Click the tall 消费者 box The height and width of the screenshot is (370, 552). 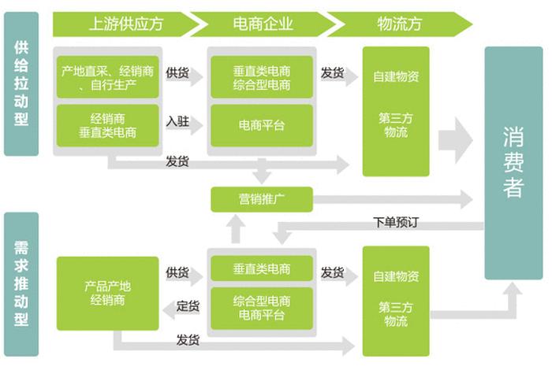(513, 163)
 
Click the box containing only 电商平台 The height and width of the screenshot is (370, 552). (261, 125)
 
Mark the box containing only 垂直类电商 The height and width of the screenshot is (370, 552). (261, 268)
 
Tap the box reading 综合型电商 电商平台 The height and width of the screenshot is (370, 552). (261, 309)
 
